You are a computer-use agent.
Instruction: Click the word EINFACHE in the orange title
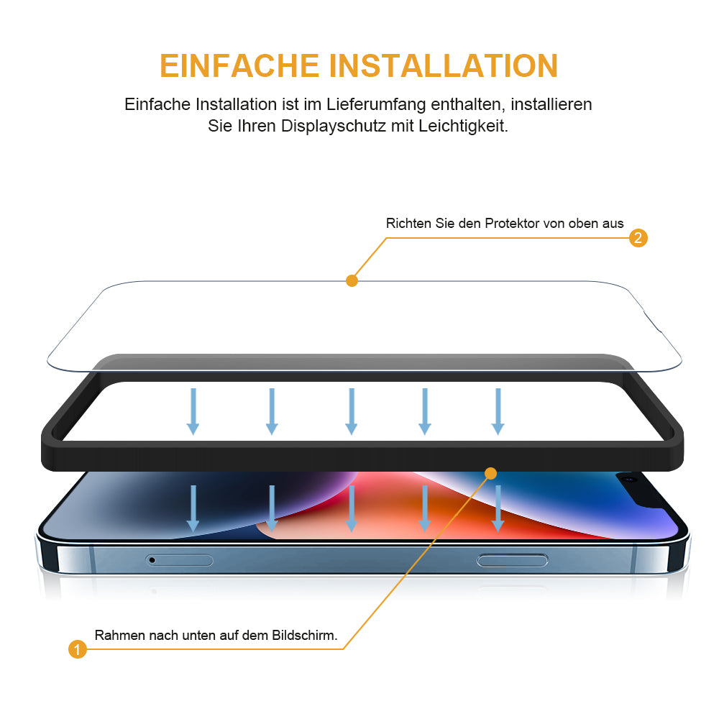239,65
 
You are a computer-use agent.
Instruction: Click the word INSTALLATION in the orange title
444,65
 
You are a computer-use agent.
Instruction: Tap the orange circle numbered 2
638,238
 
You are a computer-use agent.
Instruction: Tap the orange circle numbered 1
78,649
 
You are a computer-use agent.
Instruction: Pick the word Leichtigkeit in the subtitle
463,126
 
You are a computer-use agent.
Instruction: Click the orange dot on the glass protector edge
352,280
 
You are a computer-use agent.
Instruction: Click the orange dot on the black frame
490,473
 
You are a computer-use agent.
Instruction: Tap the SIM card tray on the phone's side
179,560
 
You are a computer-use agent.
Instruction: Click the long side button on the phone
512,560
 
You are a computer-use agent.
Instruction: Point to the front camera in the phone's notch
630,480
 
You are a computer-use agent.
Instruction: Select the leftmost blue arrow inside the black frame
193,411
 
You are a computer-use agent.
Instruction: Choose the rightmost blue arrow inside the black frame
498,411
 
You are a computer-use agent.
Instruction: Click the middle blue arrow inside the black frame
352,411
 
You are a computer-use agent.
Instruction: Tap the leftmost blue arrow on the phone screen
193,508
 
